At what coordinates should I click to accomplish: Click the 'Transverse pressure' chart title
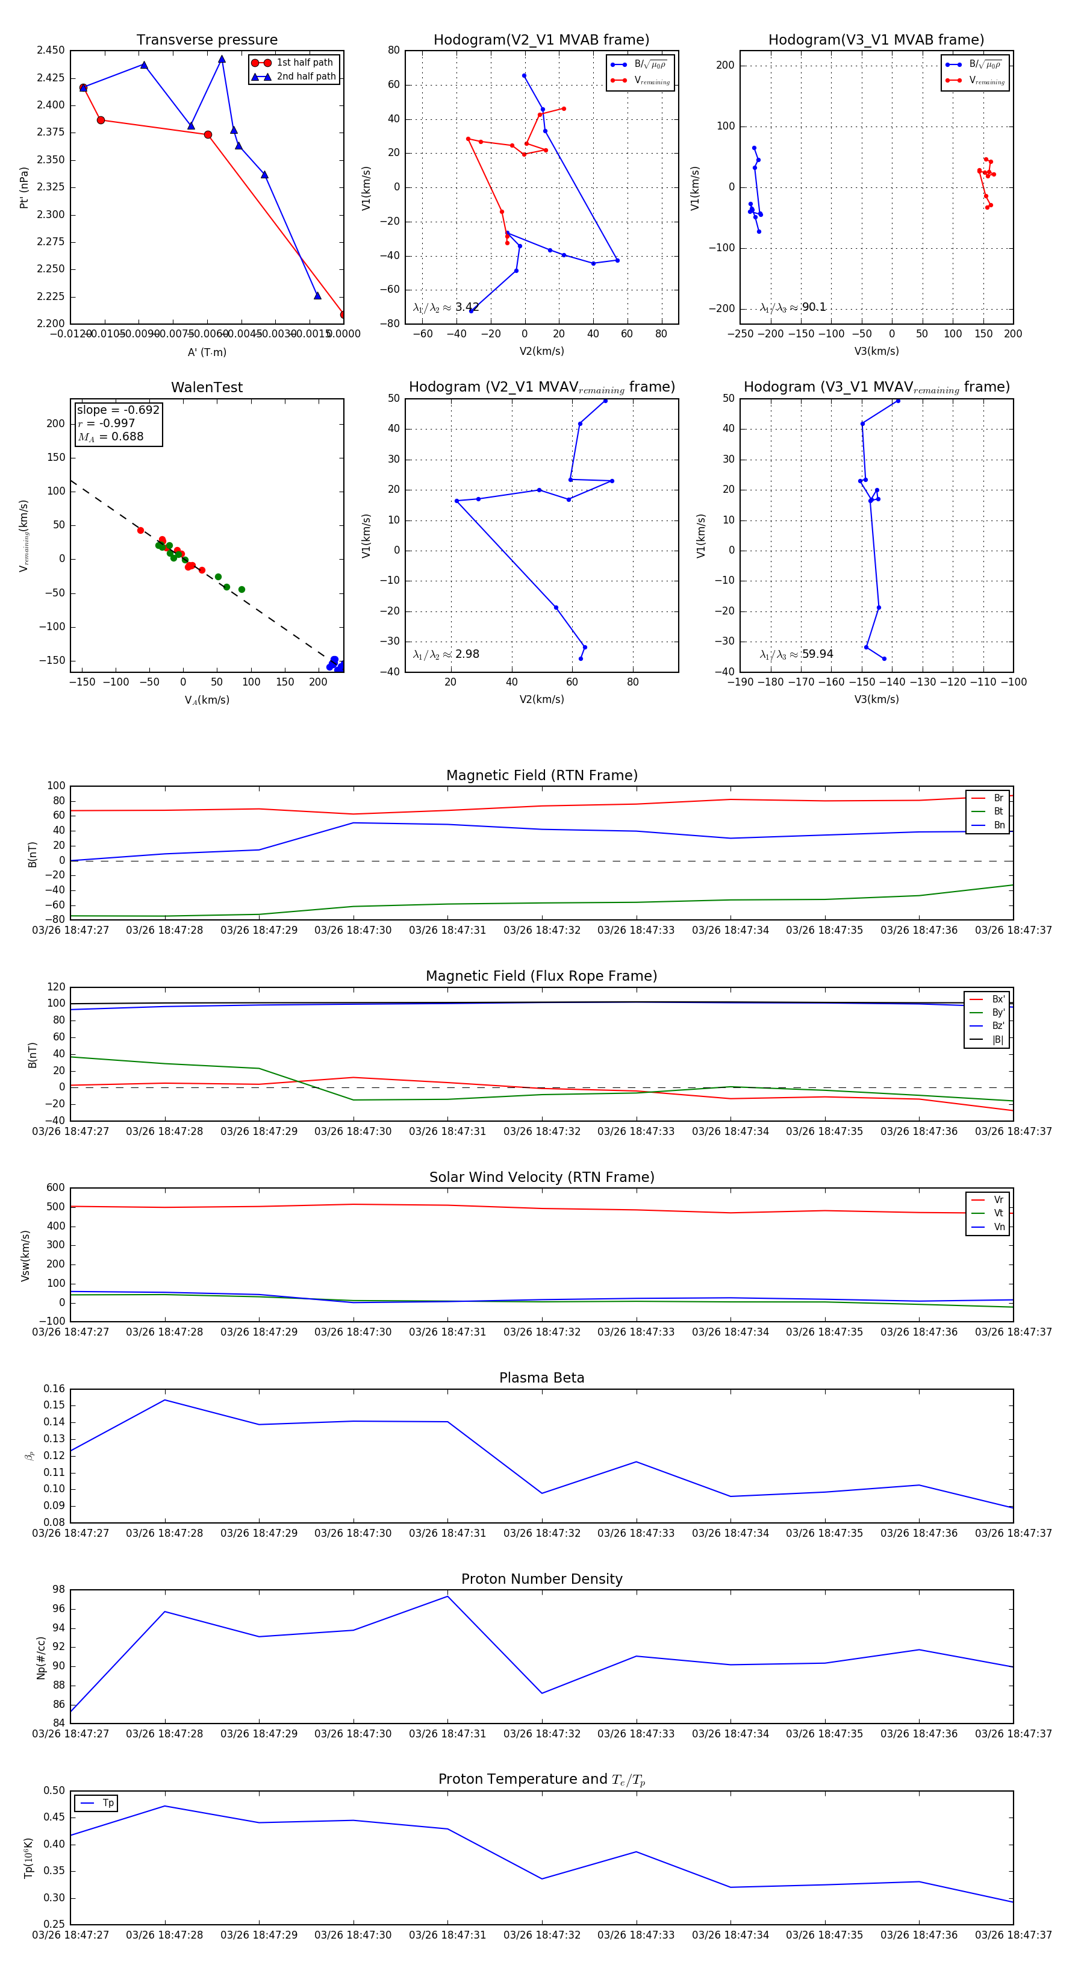click(x=207, y=40)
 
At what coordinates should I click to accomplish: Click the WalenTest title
click(x=207, y=387)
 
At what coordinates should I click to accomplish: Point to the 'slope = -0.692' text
click(x=118, y=410)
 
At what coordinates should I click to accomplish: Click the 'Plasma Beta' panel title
click(x=541, y=1378)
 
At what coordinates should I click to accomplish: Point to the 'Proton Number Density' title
click(x=541, y=1579)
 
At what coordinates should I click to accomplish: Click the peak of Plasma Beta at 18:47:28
click(x=164, y=1400)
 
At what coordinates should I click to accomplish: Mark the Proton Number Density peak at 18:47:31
click(x=447, y=1596)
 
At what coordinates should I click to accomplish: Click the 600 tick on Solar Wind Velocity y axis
click(x=55, y=1188)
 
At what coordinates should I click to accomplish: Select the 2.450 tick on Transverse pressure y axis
click(x=51, y=50)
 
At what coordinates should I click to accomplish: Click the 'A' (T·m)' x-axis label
click(x=207, y=352)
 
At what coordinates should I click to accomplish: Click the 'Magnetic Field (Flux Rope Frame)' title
click(x=541, y=977)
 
